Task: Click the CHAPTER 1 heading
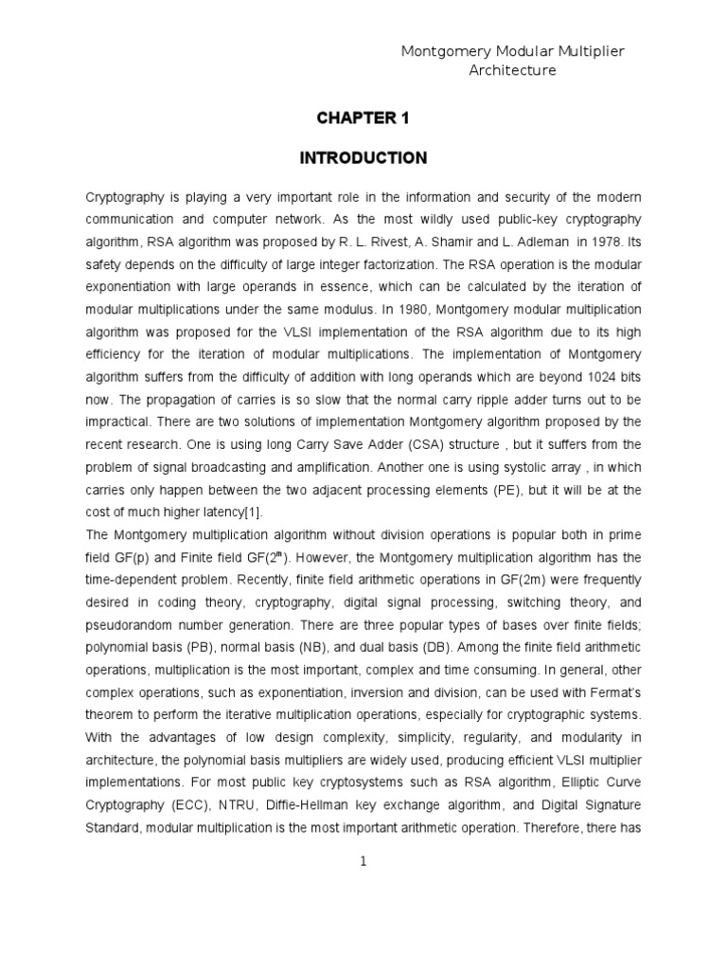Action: [x=363, y=117]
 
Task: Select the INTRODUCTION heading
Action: [x=363, y=158]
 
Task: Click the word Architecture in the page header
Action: [x=513, y=70]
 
